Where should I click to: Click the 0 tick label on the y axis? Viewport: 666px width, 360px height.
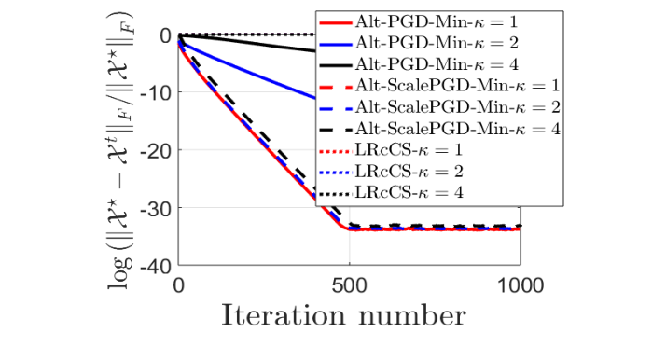164,35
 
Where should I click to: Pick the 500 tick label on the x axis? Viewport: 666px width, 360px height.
349,284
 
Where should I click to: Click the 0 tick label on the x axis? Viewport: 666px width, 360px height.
179,284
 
